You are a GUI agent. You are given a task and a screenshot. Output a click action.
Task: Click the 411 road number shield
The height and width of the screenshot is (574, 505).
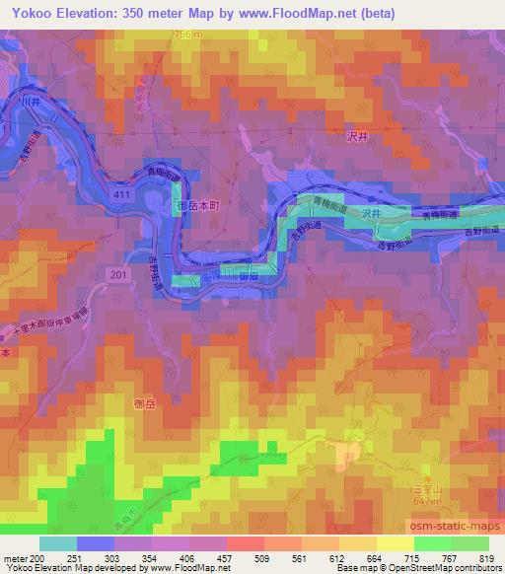pyautogui.click(x=118, y=196)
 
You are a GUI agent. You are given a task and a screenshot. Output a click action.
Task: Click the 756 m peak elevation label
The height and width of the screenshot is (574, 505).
pyautogui.click(x=161, y=35)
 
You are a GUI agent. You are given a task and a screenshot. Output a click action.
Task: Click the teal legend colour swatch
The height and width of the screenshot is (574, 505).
pyautogui.click(x=58, y=543)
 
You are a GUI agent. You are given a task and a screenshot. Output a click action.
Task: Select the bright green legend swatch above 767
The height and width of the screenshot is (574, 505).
pyautogui.click(x=434, y=543)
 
